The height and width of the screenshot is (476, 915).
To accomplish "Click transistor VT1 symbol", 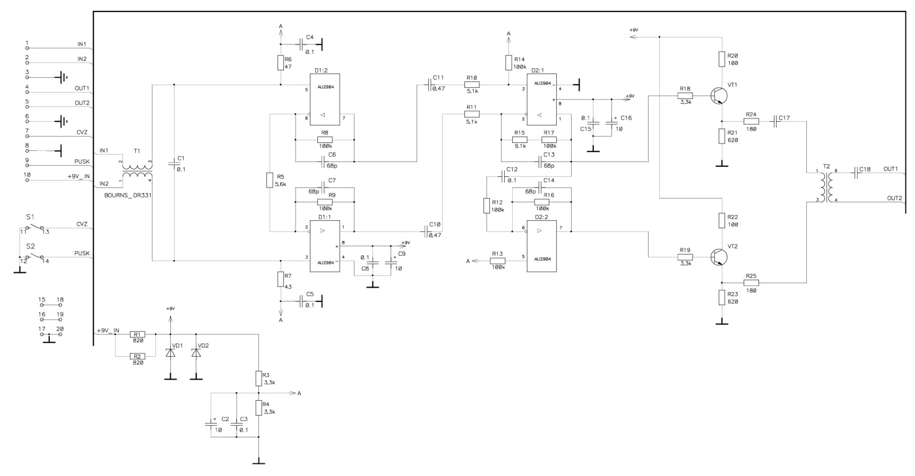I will click(x=719, y=96).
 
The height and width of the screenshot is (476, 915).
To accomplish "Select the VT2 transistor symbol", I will click(x=719, y=257).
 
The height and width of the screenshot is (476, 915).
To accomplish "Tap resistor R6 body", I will click(x=281, y=63).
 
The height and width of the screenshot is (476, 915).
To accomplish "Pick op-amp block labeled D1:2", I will click(x=325, y=99).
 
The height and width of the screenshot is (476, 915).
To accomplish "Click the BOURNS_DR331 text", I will click(x=128, y=195).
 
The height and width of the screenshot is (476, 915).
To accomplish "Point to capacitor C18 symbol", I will click(x=856, y=173).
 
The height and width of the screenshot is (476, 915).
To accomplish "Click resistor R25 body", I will click(x=751, y=283).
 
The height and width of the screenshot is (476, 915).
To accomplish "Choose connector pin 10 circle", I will click(x=27, y=180).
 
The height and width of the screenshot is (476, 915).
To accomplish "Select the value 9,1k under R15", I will click(x=520, y=146).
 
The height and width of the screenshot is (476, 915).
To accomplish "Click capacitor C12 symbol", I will click(x=503, y=176).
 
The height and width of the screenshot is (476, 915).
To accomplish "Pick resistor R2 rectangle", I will click(x=137, y=356).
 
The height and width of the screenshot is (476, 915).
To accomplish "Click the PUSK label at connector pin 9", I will click(x=82, y=162).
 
